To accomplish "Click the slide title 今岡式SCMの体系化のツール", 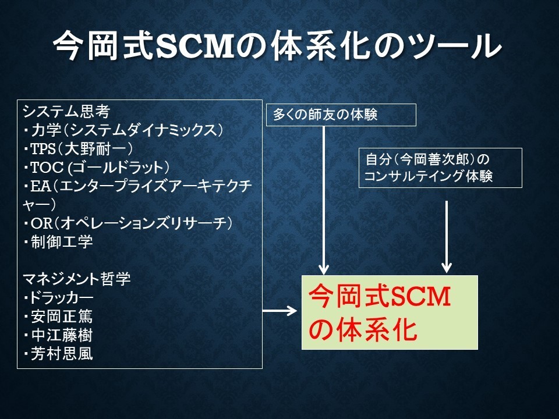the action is point(278,45).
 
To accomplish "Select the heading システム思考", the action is point(66,112).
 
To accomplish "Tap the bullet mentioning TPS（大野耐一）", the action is point(78,148).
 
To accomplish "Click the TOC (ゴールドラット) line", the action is point(96,167).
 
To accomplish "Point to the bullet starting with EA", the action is point(137,196).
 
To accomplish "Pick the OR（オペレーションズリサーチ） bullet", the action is point(128,223).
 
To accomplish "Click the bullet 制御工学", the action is point(58,242).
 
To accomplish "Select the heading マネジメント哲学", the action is point(77,279).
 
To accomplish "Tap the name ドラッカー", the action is point(61,297).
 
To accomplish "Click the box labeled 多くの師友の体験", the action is point(341,115).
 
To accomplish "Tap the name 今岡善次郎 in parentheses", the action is point(434,159).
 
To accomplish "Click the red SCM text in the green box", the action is point(420,296).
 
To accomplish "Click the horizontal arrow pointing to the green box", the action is point(279,311).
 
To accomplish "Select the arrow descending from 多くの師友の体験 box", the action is point(323,200).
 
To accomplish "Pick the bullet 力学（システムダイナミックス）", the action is point(123,130).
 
